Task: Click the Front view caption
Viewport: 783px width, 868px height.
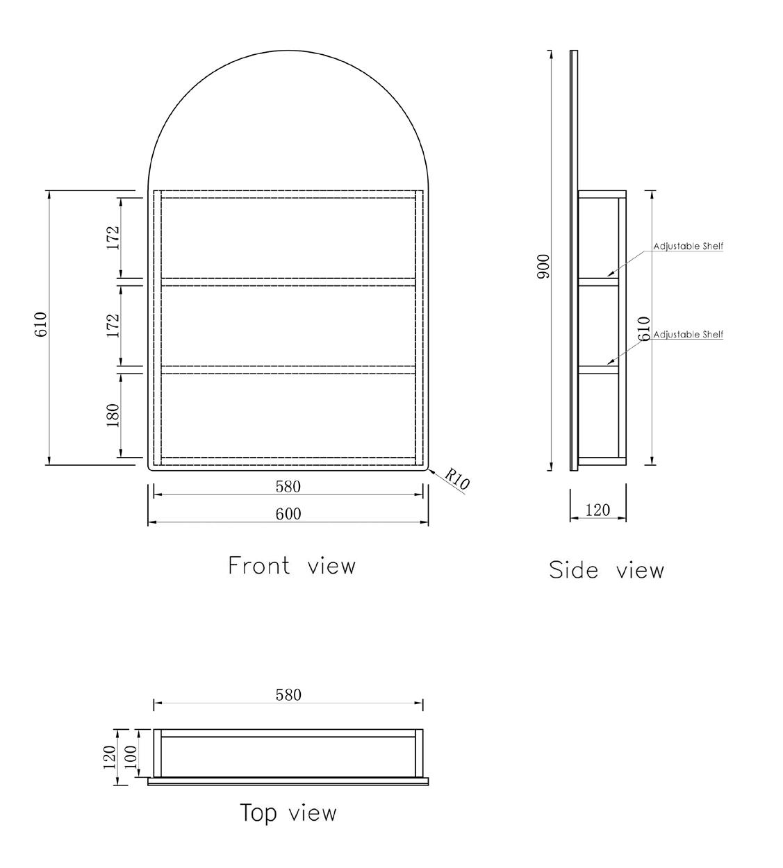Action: pyautogui.click(x=292, y=566)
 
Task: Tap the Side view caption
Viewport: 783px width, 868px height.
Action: pyautogui.click(x=606, y=570)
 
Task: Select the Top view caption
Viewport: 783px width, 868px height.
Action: pyautogui.click(x=288, y=812)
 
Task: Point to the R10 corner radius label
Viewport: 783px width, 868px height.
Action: pyautogui.click(x=456, y=479)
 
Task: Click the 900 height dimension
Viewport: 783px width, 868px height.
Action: pyautogui.click(x=543, y=267)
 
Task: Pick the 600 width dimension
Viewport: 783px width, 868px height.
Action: pyautogui.click(x=288, y=514)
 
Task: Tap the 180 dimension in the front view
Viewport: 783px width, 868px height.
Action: pyautogui.click(x=113, y=415)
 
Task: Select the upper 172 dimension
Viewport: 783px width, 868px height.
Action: pyautogui.click(x=113, y=237)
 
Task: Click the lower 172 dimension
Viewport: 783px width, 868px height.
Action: pyautogui.click(x=113, y=325)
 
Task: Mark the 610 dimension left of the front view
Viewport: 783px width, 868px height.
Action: pyautogui.click(x=40, y=324)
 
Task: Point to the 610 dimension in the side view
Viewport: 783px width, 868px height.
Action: pyautogui.click(x=644, y=328)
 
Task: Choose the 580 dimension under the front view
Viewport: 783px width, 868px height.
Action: pyautogui.click(x=288, y=487)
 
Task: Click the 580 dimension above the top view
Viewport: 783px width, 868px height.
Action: pyautogui.click(x=288, y=694)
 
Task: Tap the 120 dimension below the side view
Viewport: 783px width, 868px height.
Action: pyautogui.click(x=597, y=510)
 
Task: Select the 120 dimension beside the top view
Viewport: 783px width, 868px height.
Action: pyautogui.click(x=109, y=756)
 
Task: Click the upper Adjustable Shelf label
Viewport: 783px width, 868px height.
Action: pyautogui.click(x=688, y=247)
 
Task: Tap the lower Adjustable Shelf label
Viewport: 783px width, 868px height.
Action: pyautogui.click(x=688, y=335)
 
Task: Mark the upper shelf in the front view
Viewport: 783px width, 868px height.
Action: pyautogui.click(x=288, y=281)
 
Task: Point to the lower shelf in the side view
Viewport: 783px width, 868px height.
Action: pyautogui.click(x=598, y=369)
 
